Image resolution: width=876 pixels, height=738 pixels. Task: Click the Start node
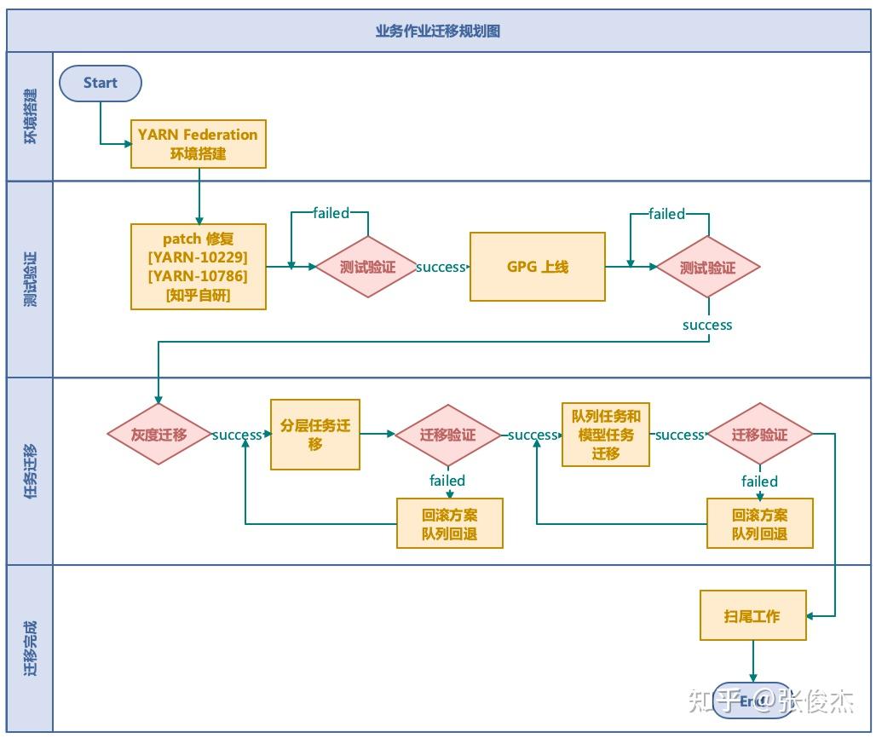[100, 83]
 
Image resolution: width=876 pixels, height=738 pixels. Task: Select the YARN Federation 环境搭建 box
[198, 144]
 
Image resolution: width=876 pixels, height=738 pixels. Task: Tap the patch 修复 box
[198, 267]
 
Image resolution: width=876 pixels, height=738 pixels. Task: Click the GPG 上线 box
[537, 267]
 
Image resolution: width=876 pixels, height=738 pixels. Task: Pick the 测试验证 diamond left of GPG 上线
[367, 267]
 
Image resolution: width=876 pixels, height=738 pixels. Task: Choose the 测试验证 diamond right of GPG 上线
[707, 267]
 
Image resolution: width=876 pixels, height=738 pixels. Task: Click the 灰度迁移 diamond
[158, 434]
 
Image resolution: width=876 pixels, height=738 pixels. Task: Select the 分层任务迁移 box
[314, 435]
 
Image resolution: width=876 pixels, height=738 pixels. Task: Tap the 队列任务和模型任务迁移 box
[605, 435]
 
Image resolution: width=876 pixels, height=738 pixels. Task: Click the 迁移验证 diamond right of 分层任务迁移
[447, 435]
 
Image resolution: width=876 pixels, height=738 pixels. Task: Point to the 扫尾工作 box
[752, 615]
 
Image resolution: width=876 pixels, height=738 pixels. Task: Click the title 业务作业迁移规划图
[437, 31]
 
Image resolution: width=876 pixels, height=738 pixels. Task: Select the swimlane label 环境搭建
[31, 116]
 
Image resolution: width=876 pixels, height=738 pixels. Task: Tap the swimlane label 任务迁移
[31, 470]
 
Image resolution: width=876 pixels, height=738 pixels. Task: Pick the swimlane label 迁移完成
[31, 648]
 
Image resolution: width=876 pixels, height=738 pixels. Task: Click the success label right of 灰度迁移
[237, 435]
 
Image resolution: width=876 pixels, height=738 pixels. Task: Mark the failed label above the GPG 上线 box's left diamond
[331, 212]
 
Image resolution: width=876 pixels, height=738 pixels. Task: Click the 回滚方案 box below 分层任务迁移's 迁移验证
[450, 524]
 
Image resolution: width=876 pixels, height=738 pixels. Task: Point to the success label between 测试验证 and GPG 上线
[441, 267]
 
